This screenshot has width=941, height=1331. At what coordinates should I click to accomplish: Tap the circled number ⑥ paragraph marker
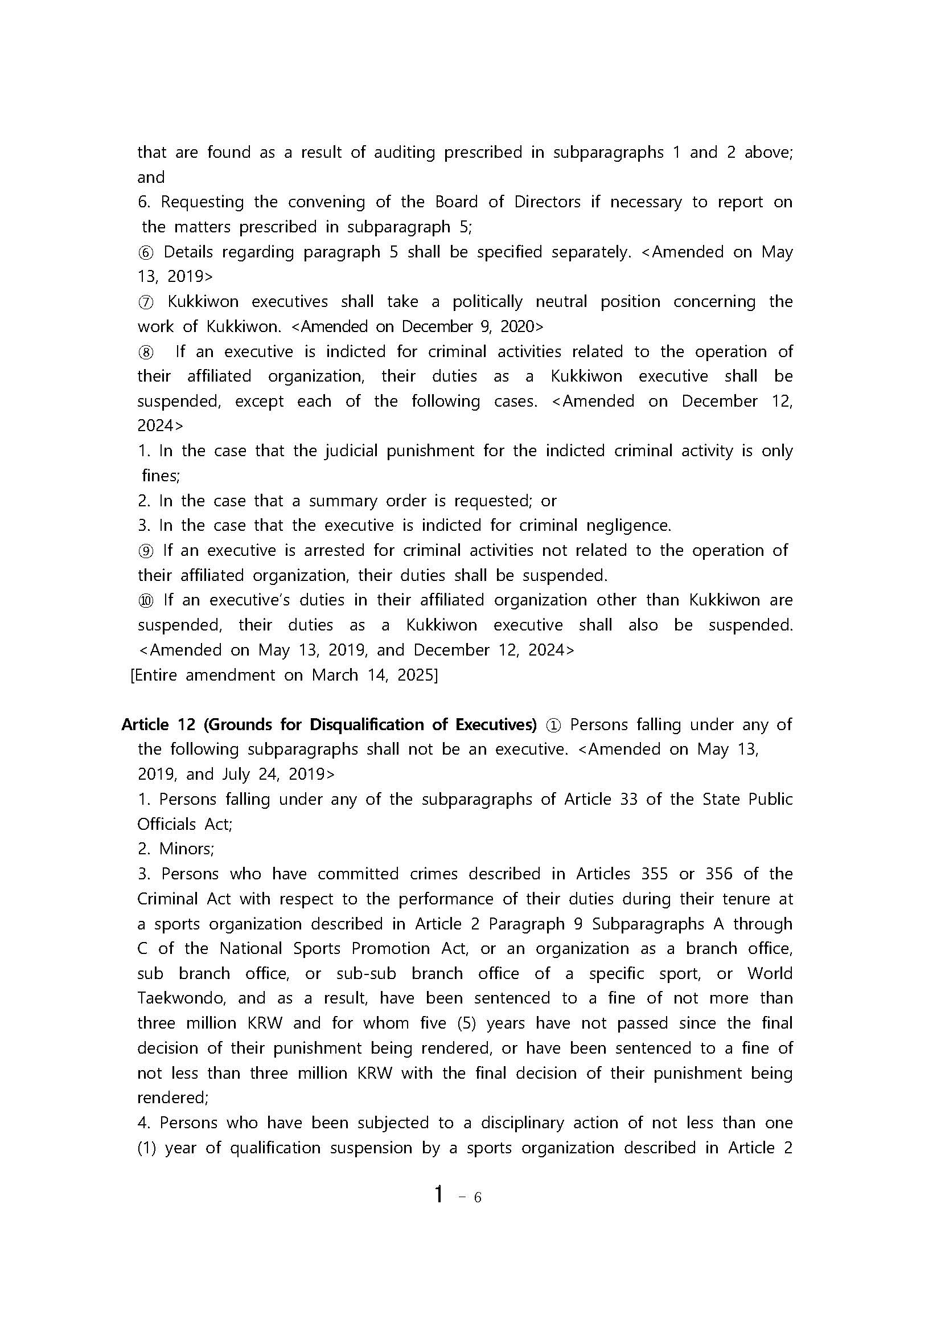pos(145,253)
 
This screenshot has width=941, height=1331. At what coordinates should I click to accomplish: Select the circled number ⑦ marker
pos(145,302)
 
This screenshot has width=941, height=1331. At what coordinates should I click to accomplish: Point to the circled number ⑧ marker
pos(145,353)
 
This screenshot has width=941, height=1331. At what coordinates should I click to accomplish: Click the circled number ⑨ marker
pos(145,551)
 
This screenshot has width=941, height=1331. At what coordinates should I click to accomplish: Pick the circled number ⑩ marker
pos(145,600)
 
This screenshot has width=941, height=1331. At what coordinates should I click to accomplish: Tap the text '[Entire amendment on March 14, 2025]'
pos(284,675)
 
